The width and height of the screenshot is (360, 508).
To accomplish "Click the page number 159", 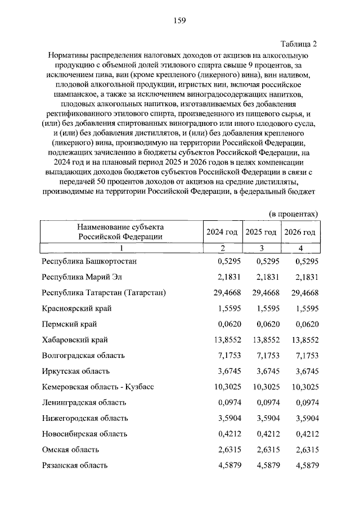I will (x=179, y=21).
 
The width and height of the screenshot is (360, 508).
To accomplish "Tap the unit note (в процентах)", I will (x=293, y=214).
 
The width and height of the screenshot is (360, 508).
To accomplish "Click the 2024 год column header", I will (x=222, y=232).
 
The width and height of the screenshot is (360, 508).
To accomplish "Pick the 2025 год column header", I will (x=261, y=232).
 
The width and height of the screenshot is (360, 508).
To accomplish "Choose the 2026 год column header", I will (x=300, y=232).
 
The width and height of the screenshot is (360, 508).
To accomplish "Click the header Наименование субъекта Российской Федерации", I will (x=120, y=232).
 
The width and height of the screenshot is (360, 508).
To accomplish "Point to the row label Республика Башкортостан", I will (x=89, y=261).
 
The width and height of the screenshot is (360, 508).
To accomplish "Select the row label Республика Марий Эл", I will (x=82, y=277).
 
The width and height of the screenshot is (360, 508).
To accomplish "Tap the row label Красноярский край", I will (x=76, y=309).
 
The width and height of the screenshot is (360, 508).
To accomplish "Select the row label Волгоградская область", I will (x=83, y=356).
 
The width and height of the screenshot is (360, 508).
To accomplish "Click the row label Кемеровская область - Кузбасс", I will (x=98, y=387).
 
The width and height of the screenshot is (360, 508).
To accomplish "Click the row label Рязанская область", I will (x=75, y=465).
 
